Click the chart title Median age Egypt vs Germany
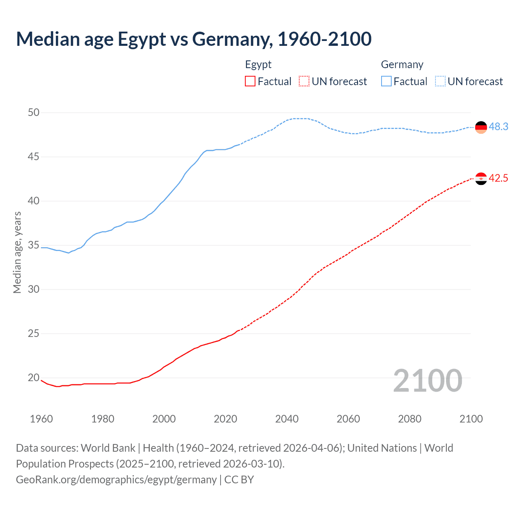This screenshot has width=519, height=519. tap(194, 39)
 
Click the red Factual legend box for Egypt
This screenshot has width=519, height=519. tap(250, 81)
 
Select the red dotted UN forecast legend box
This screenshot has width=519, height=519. tap(304, 81)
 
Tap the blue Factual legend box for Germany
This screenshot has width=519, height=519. tap(386, 81)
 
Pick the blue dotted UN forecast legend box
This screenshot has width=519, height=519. tap(440, 81)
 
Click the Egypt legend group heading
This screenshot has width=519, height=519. tap(258, 64)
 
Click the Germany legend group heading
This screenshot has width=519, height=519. tap(402, 64)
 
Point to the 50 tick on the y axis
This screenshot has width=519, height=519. tap(34, 112)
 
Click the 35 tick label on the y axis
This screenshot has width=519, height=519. tap(34, 245)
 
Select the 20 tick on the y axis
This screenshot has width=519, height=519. tap(34, 377)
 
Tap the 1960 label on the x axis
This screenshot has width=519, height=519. tap(41, 419)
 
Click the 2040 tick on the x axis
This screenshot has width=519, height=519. tap(287, 419)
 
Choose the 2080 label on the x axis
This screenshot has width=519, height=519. tap(410, 419)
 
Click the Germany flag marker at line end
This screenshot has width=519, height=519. tap(481, 127)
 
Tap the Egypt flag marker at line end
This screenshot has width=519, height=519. tap(481, 178)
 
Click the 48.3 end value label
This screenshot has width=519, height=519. tap(498, 127)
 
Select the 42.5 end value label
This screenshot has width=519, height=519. tap(498, 178)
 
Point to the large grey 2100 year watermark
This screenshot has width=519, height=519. tap(427, 381)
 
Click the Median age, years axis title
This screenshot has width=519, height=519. tap(17, 252)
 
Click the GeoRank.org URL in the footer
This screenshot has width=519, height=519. tap(116, 480)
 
